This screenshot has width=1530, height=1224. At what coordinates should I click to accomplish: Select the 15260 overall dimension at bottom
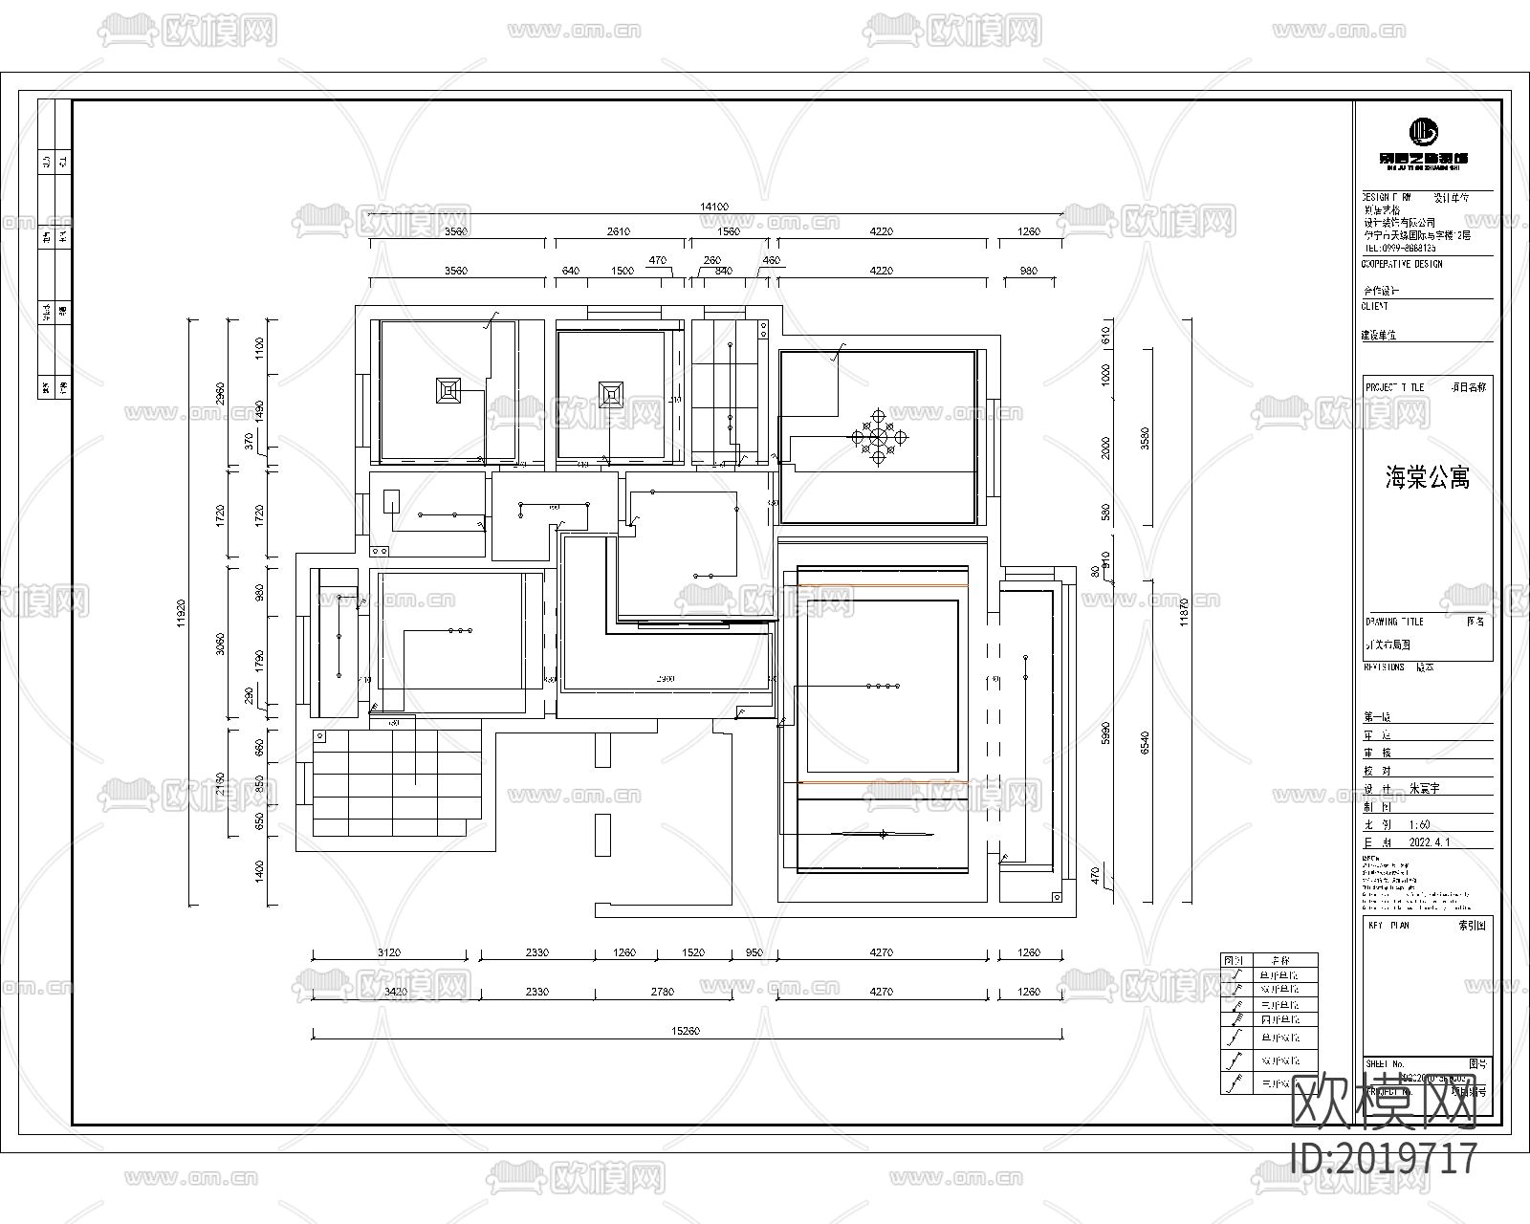687,1031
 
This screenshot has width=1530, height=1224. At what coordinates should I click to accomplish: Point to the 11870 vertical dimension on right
1185,612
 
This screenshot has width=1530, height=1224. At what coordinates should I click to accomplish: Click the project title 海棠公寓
1427,478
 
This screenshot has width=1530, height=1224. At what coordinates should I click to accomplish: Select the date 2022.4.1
1430,843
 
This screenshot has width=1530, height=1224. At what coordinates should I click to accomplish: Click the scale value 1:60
1419,824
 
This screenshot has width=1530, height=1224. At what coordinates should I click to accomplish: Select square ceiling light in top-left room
449,391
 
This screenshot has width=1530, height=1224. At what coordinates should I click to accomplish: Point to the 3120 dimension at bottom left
389,952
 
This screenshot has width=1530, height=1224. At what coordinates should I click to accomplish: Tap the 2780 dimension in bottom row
661,992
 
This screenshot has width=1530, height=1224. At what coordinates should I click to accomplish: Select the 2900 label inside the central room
666,679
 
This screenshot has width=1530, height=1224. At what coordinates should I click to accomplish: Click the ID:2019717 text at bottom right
1384,1159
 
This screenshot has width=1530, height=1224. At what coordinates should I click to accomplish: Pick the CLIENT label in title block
1374,307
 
